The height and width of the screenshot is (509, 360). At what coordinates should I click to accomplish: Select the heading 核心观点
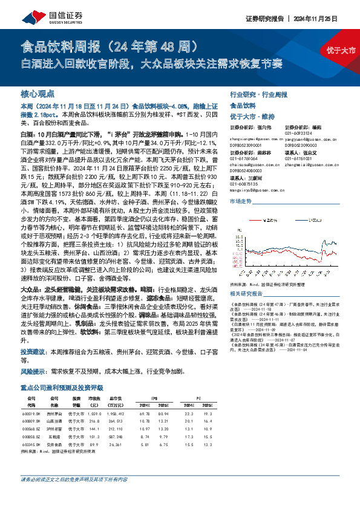click(x=38, y=94)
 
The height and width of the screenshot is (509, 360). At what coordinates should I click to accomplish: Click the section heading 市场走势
click(x=241, y=199)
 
